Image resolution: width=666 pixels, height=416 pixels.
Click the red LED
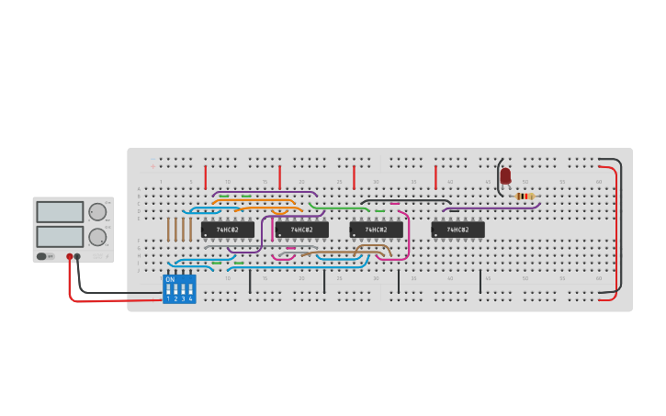click(505, 174)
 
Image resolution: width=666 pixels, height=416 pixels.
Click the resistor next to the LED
click(525, 196)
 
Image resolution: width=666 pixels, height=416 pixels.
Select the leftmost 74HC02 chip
click(228, 229)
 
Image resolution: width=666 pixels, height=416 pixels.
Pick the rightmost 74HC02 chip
click(457, 229)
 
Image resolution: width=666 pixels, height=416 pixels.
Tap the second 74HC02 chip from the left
click(302, 229)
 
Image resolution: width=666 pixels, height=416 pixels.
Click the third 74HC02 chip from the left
click(376, 229)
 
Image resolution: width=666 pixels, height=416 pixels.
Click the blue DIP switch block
click(179, 289)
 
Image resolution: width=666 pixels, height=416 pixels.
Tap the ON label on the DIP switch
click(170, 279)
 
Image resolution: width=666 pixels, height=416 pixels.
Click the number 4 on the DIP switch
click(190, 298)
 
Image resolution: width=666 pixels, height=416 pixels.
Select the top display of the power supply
click(60, 211)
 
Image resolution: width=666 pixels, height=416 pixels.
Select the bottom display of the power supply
click(60, 236)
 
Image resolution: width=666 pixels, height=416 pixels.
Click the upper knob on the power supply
click(96, 211)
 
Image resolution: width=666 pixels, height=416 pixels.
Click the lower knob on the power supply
click(96, 237)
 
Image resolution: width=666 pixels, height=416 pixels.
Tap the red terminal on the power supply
click(69, 257)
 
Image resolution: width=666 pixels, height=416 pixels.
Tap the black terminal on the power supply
click(77, 257)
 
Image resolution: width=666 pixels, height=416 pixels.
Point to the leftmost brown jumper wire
click(168, 230)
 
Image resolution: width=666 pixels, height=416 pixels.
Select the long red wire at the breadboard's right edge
click(615, 230)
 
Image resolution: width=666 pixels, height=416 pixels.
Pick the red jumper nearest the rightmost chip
click(435, 176)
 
